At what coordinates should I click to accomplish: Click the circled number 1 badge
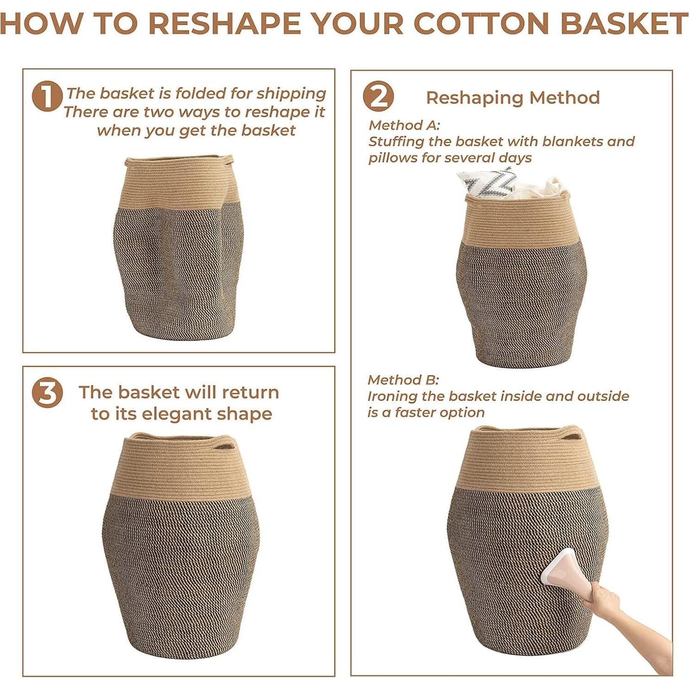coord(47,96)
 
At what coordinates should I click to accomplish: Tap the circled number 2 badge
coord(378,96)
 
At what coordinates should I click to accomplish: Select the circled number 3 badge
coord(47,393)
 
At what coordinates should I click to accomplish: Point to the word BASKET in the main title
coord(624,23)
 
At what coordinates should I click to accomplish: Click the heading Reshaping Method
coord(513,98)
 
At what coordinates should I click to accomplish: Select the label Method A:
coord(404,125)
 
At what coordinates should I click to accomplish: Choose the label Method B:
coord(403,380)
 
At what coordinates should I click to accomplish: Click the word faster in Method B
coord(417,413)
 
